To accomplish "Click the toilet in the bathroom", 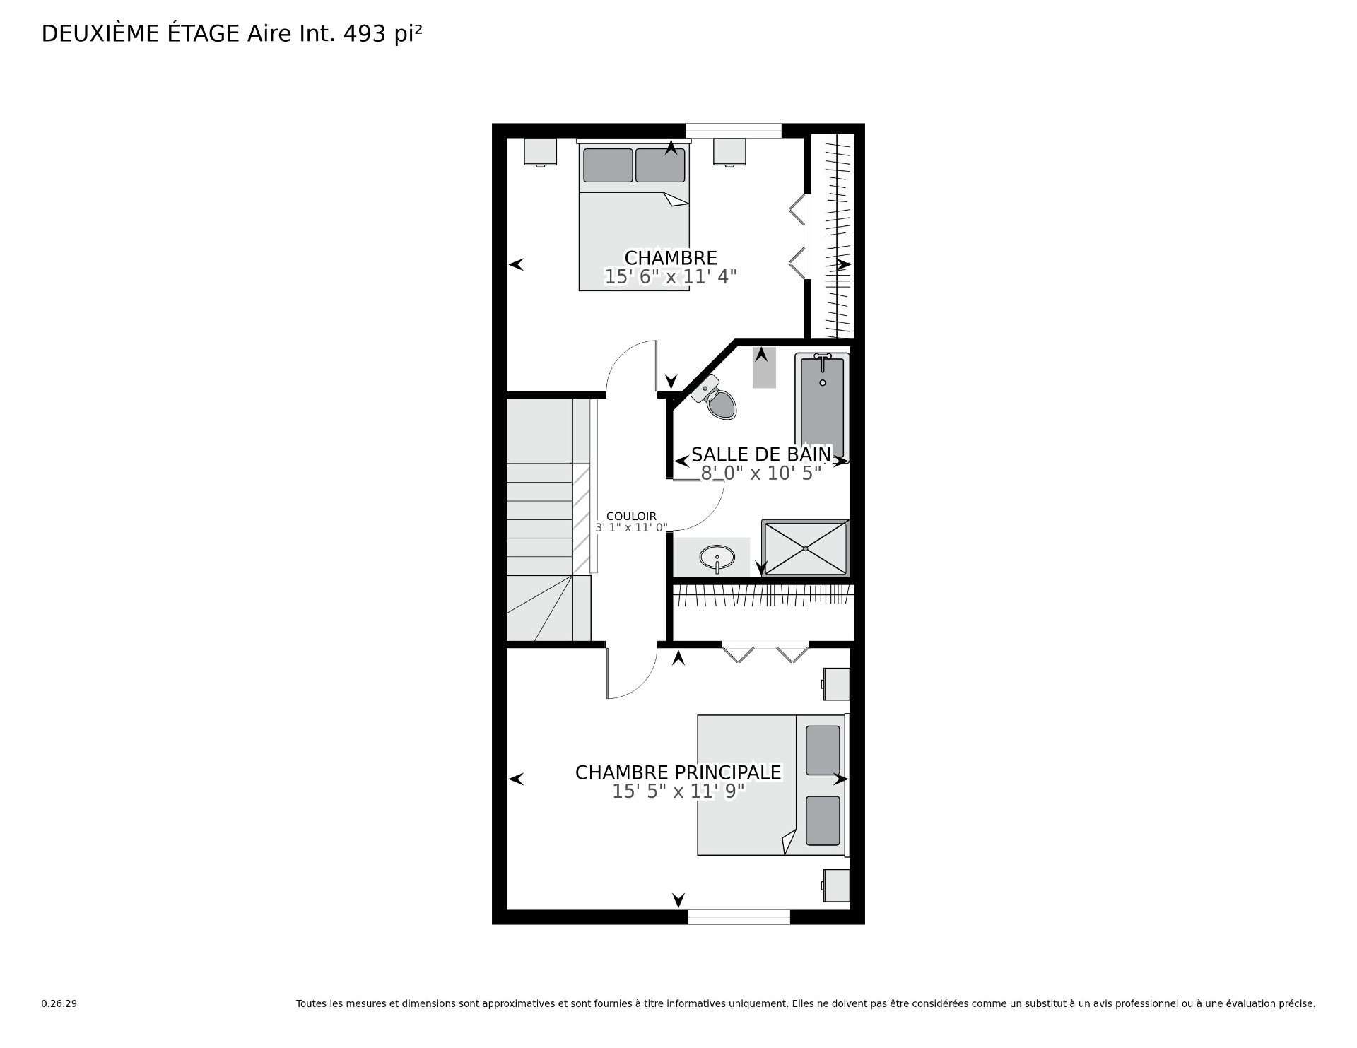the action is click(715, 398).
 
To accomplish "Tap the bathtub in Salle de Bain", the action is click(822, 407).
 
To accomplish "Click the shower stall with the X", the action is click(805, 548).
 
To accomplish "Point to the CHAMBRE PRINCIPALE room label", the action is click(678, 772).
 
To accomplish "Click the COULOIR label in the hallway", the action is click(631, 517).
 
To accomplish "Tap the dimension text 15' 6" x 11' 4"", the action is click(671, 276).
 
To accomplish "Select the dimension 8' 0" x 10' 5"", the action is click(761, 473).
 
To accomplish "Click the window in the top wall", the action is click(734, 131).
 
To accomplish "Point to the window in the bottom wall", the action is click(739, 917).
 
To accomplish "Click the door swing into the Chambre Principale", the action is click(632, 680).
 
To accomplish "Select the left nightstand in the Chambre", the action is click(541, 152).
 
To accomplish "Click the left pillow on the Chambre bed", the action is click(608, 165).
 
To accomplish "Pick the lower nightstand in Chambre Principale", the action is click(835, 885).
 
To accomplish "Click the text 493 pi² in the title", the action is click(382, 34).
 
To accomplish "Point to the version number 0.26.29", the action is click(59, 1003).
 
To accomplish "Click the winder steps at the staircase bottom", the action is click(548, 608).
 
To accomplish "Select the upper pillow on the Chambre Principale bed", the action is click(823, 750).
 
